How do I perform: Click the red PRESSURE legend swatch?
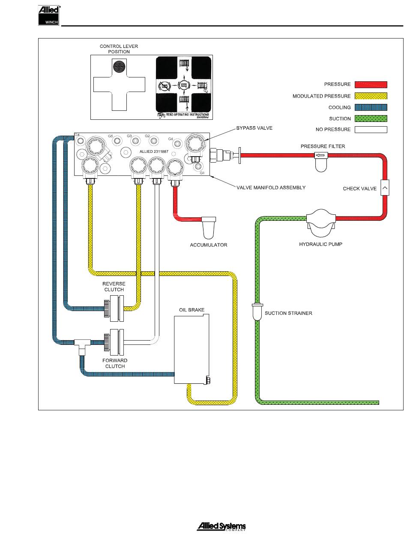371,84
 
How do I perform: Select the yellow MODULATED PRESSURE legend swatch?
371,96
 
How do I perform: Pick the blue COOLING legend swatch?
371,107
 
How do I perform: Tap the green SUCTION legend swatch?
371,119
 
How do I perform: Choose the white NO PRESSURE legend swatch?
371,130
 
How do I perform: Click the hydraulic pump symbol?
321,221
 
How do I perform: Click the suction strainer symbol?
257,312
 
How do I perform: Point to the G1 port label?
203,173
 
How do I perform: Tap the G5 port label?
111,136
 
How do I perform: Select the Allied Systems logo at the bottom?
221,527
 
